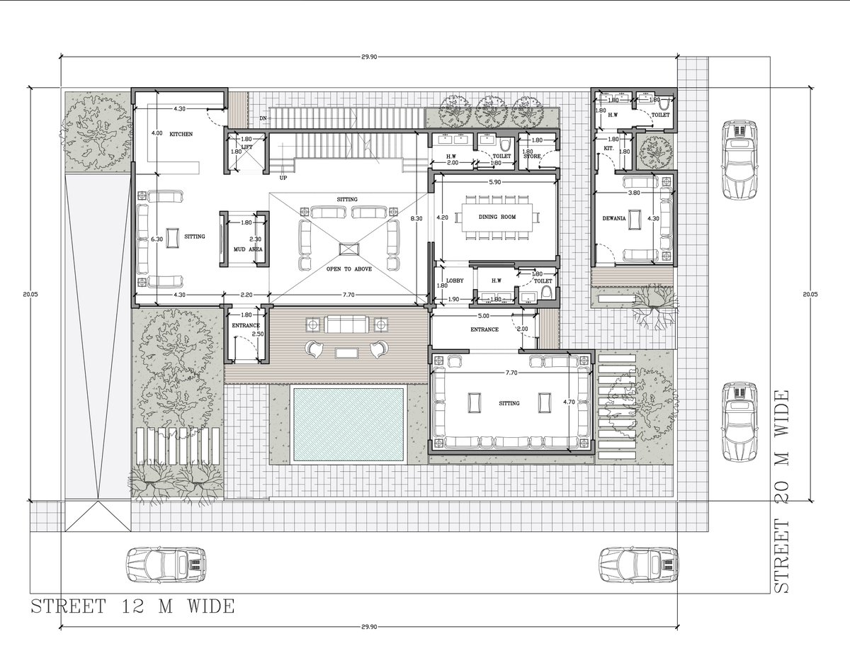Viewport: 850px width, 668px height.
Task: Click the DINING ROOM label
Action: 497,217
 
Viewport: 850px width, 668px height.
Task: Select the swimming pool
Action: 348,424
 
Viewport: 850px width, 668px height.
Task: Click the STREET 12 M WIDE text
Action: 132,606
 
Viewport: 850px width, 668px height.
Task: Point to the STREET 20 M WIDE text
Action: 783,491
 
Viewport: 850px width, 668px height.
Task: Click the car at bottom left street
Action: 166,564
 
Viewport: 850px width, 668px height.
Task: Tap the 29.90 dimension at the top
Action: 368,55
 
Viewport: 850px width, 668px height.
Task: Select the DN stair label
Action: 263,118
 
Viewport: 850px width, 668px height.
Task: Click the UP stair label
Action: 283,178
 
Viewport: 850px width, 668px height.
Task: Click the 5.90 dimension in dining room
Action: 496,182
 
